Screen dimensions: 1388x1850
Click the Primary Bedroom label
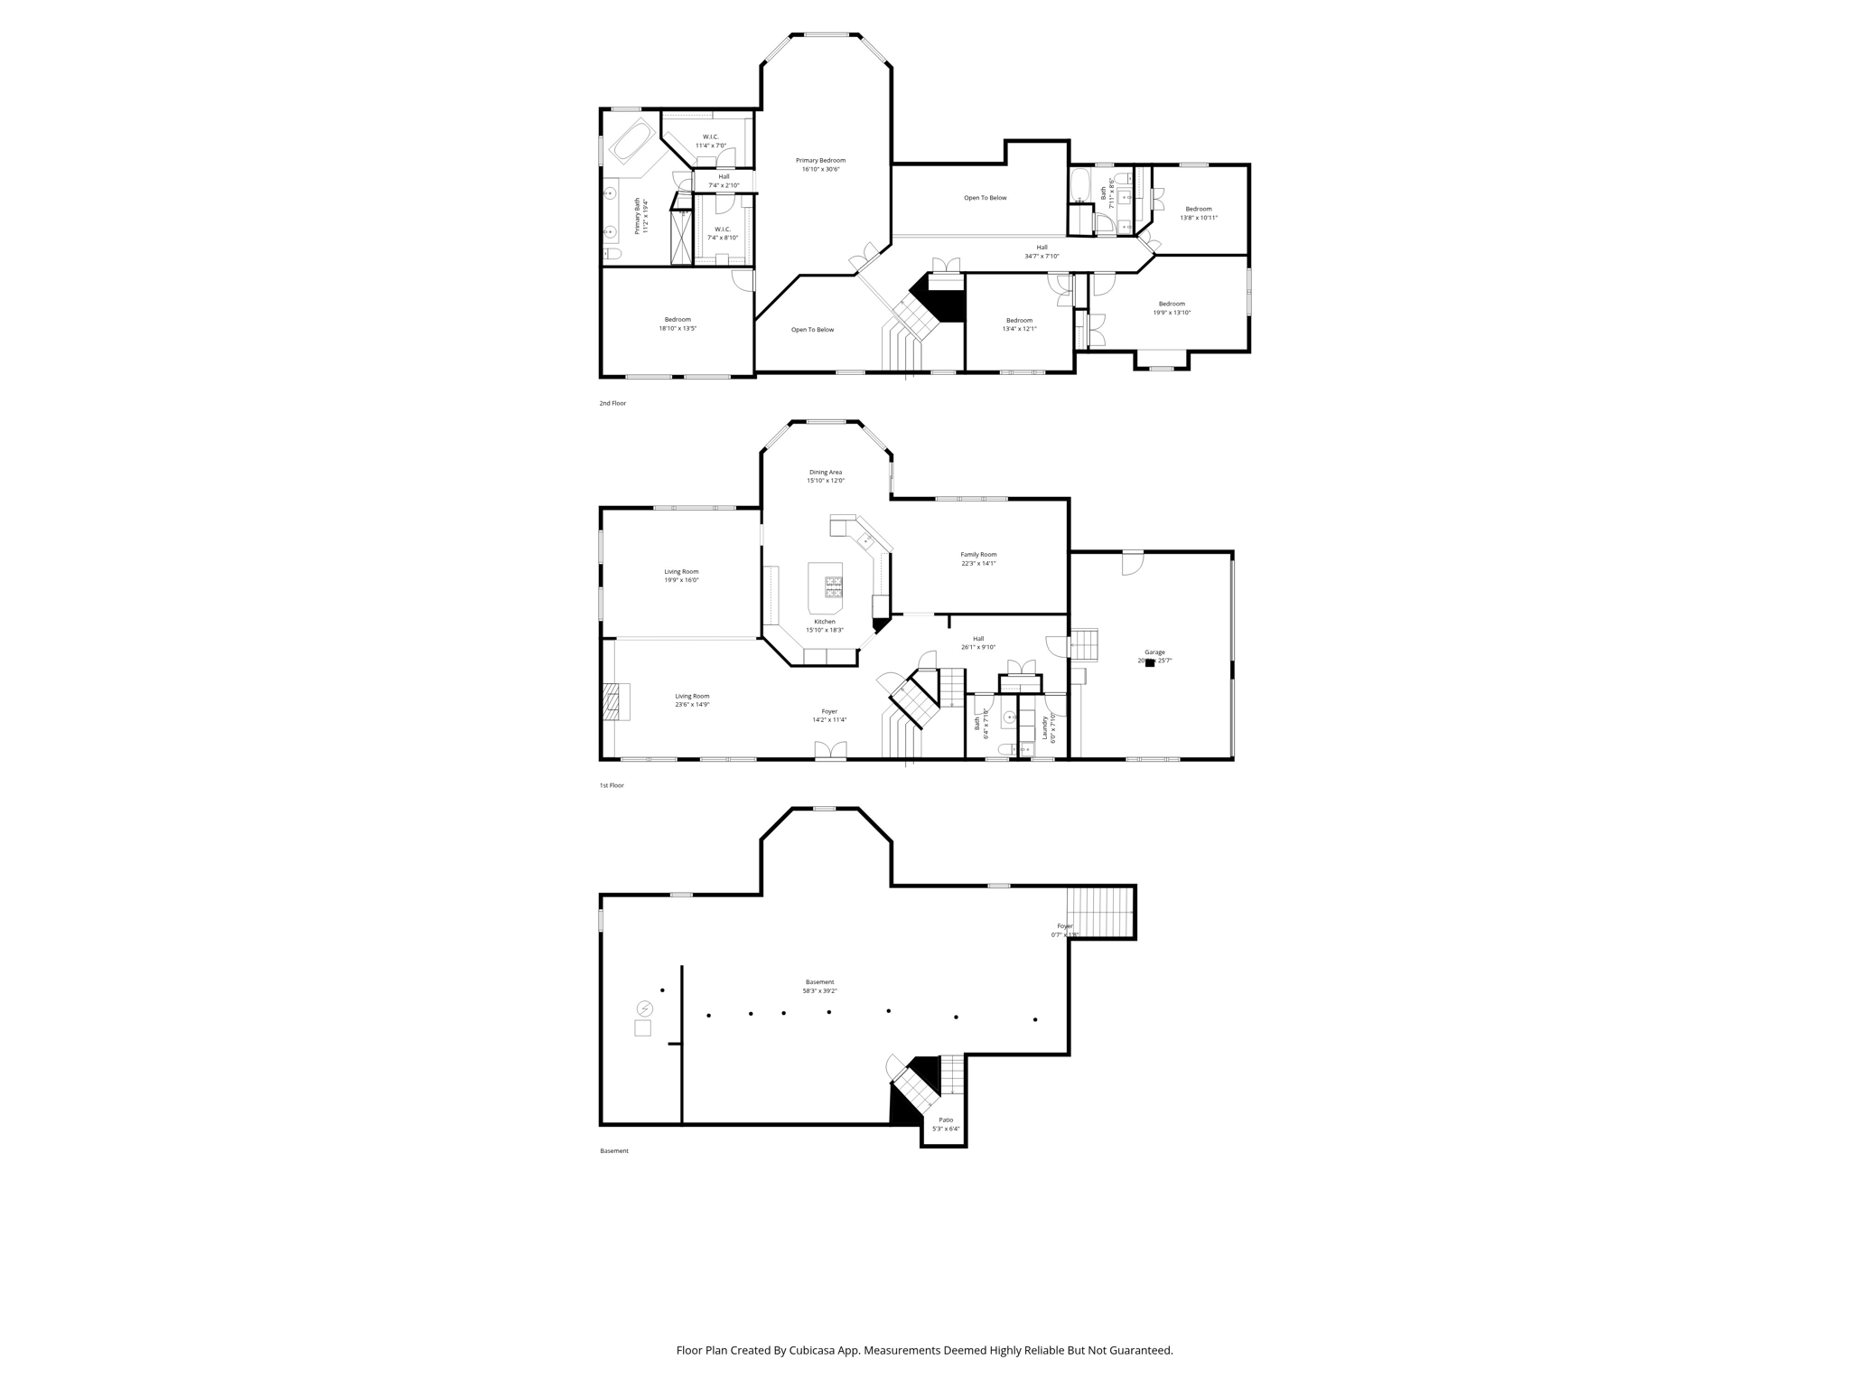[820, 161]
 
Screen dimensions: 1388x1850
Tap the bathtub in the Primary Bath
[632, 143]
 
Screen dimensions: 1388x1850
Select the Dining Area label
[825, 473]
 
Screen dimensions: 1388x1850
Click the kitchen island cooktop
[833, 587]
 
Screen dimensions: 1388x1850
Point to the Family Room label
[978, 555]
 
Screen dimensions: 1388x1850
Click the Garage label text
[1154, 652]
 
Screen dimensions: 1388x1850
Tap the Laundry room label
[1045, 727]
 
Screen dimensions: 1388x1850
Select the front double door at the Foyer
[830, 751]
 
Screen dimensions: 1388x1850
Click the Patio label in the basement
[946, 1121]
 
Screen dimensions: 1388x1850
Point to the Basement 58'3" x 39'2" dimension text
[820, 991]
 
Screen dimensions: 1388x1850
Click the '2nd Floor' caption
[612, 403]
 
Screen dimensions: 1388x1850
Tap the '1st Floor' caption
[612, 785]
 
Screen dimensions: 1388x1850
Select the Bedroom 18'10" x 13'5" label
[677, 320]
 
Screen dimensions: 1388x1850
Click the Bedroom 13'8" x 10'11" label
[1199, 210]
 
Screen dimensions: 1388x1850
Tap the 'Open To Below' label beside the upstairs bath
[985, 198]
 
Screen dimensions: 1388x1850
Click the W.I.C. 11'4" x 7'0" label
[711, 137]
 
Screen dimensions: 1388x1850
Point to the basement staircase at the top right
[1099, 913]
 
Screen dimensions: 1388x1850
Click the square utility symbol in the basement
[642, 1028]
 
